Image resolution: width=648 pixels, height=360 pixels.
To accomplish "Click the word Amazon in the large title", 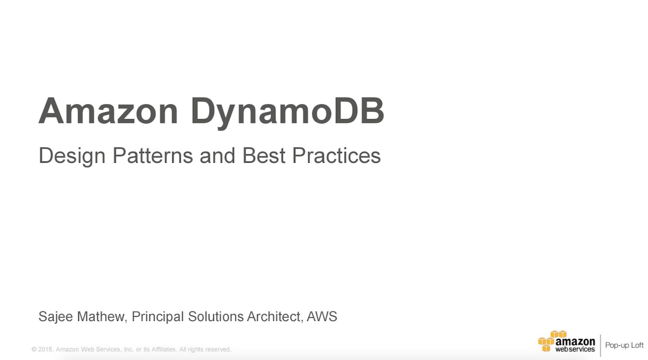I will (x=108, y=111).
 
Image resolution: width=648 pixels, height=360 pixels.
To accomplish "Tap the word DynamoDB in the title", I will (x=287, y=112).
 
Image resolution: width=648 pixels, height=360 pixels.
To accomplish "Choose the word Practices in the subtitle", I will (x=336, y=155).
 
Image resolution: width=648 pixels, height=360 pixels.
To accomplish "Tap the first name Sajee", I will (x=55, y=317).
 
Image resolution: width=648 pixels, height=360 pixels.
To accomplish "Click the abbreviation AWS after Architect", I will (x=322, y=316).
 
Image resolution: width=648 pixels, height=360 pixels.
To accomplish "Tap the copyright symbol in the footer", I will (x=34, y=350).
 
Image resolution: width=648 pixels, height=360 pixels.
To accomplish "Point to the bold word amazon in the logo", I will (x=575, y=341).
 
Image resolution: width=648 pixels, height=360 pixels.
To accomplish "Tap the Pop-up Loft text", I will (x=624, y=345).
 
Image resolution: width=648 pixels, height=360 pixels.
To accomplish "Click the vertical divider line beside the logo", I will (x=600, y=345).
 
